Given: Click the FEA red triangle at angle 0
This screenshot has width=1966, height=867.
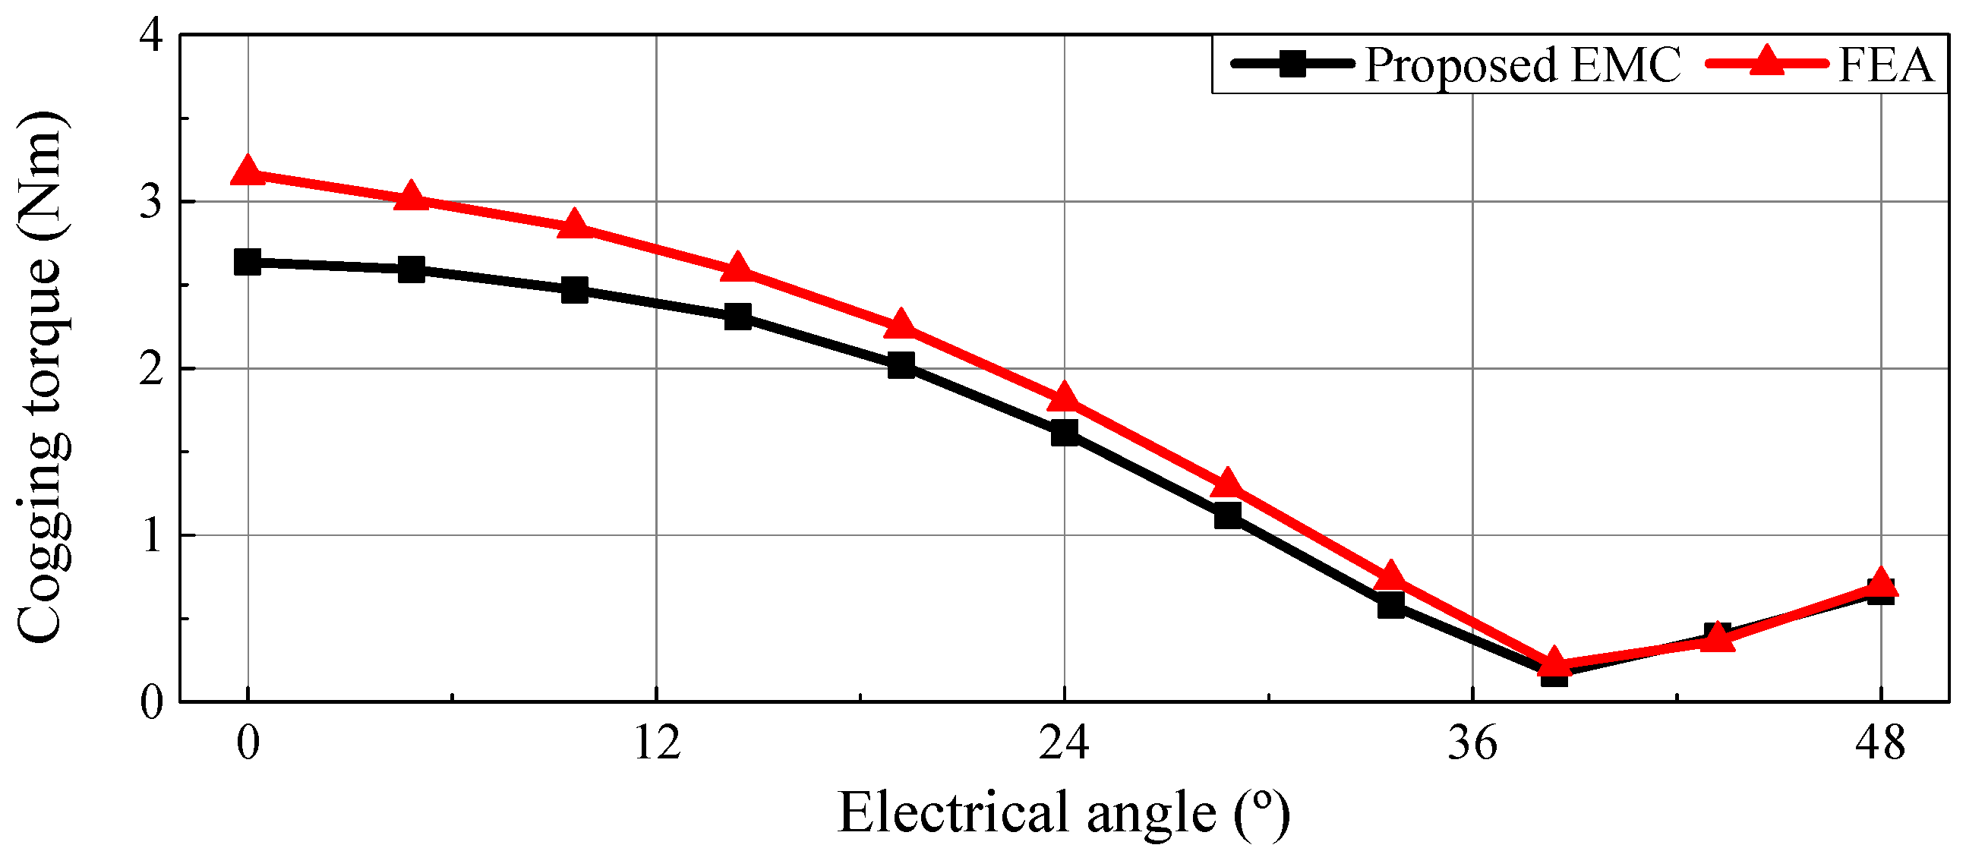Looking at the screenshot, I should [x=248, y=170].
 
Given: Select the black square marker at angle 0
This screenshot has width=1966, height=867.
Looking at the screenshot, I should [x=248, y=262].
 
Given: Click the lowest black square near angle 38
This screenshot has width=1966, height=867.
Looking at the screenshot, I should [x=1554, y=674].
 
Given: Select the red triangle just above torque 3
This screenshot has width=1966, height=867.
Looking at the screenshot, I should [x=412, y=195].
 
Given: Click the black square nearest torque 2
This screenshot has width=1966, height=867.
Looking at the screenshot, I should [x=901, y=365].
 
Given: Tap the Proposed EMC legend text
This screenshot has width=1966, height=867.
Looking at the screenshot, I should [x=1523, y=64].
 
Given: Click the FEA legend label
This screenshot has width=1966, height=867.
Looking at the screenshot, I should [x=1886, y=64].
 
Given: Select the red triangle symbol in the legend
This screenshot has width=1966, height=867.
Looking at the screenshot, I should [x=1766, y=61].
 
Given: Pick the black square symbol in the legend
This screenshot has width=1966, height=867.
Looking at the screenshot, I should [x=1292, y=63].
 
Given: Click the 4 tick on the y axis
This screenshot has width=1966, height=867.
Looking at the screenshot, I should [x=152, y=35].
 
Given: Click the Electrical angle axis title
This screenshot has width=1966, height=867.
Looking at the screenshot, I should [x=1064, y=814].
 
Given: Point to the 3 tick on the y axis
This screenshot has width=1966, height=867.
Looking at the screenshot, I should [x=152, y=202].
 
